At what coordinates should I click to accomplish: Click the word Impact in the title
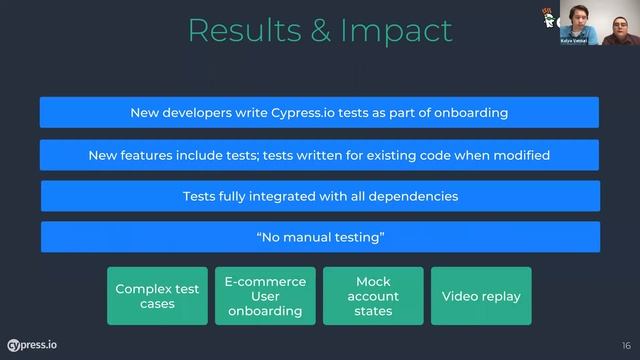click(398, 30)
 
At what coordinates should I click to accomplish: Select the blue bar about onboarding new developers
click(319, 112)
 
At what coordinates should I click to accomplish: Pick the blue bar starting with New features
click(319, 155)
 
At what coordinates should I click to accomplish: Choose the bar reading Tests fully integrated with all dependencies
click(320, 196)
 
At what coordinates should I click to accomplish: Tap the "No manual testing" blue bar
click(320, 237)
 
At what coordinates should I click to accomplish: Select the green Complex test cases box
click(157, 296)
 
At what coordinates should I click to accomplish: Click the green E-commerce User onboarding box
click(265, 296)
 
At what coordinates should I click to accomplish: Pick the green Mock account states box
click(373, 296)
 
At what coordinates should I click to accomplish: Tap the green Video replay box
click(481, 296)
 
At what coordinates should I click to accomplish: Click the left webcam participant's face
click(578, 17)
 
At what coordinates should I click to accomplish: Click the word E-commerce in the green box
click(265, 282)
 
